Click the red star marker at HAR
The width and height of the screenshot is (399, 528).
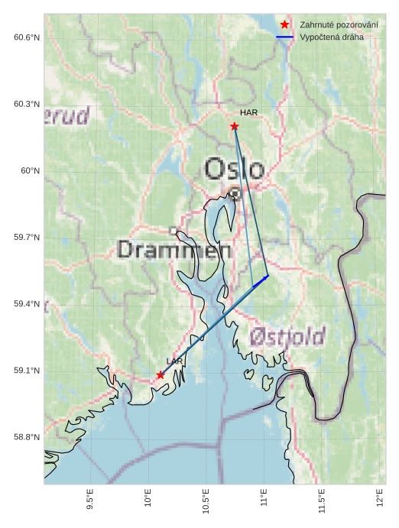tap(235, 126)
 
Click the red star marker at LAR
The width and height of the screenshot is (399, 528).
tap(161, 374)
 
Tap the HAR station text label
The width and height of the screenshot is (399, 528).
tap(248, 112)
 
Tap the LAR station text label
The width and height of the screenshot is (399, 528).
tap(174, 361)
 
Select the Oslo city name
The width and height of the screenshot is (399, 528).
tap(235, 169)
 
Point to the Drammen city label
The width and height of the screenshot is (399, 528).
tap(175, 250)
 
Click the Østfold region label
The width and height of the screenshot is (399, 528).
tap(287, 336)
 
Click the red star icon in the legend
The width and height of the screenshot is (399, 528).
tap(284, 24)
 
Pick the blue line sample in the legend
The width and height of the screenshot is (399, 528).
tap(284, 37)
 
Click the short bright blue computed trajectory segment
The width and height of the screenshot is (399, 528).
tap(261, 281)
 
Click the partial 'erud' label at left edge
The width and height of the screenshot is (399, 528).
tap(67, 116)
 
